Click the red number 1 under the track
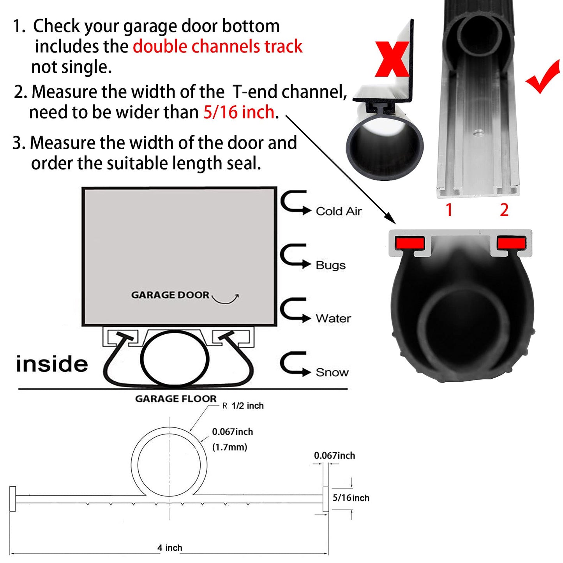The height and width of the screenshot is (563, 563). pyautogui.click(x=449, y=210)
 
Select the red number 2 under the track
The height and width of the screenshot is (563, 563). pyautogui.click(x=504, y=210)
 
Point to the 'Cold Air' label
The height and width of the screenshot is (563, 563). pyautogui.click(x=339, y=211)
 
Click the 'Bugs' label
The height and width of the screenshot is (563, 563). pyautogui.click(x=330, y=265)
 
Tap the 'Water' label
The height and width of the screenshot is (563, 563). pyautogui.click(x=333, y=319)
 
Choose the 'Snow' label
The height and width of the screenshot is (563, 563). pyautogui.click(x=332, y=372)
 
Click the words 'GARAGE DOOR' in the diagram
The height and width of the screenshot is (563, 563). pyautogui.click(x=170, y=295)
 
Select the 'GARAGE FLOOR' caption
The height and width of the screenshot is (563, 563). pyautogui.click(x=176, y=399)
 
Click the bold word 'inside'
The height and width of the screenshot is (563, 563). pyautogui.click(x=52, y=364)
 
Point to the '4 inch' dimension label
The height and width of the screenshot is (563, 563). pyautogui.click(x=169, y=548)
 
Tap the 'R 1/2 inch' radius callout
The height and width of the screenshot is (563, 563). pyautogui.click(x=243, y=406)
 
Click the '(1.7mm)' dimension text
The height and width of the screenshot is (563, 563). pyautogui.click(x=229, y=447)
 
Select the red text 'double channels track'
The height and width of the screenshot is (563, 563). pyautogui.click(x=217, y=46)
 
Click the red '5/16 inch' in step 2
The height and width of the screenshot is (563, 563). pyautogui.click(x=239, y=112)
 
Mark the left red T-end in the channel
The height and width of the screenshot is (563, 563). pyautogui.click(x=409, y=243)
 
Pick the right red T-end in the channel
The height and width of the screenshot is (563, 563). pyautogui.click(x=511, y=243)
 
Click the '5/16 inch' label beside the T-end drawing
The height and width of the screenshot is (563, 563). pyautogui.click(x=351, y=498)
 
